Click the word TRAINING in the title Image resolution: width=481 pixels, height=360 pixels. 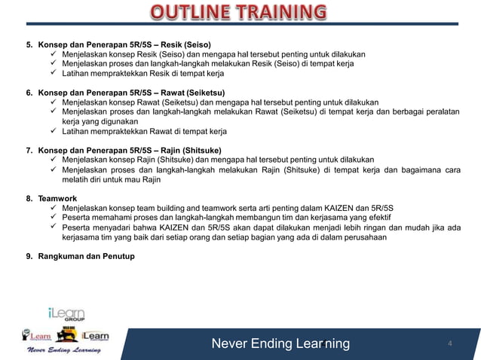tap(280, 13)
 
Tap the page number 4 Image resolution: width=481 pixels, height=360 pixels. tap(450, 344)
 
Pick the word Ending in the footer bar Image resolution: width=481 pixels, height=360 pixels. tap(273, 344)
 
